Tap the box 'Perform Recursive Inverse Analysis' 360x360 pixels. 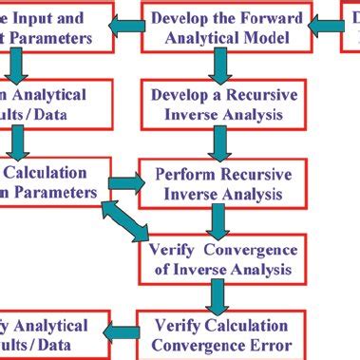224,184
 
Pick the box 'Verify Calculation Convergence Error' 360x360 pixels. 224,335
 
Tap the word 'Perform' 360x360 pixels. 181,175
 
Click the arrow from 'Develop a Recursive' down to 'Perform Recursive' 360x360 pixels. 221,143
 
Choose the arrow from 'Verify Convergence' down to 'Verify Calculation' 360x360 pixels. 221,297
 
